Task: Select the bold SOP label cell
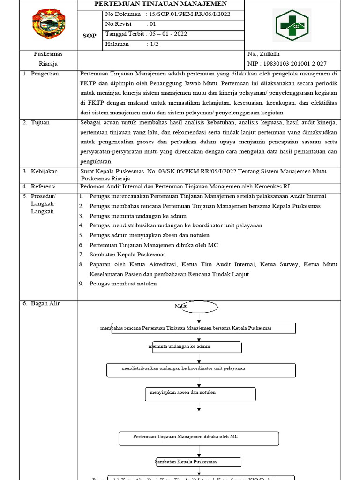90,36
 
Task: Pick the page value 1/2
154,44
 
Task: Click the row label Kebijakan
44,172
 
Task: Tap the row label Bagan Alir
45,304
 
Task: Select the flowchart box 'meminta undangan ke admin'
195,347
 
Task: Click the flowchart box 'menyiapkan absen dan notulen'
200,394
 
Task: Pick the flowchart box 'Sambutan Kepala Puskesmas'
199,462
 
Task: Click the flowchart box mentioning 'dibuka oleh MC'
199,438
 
